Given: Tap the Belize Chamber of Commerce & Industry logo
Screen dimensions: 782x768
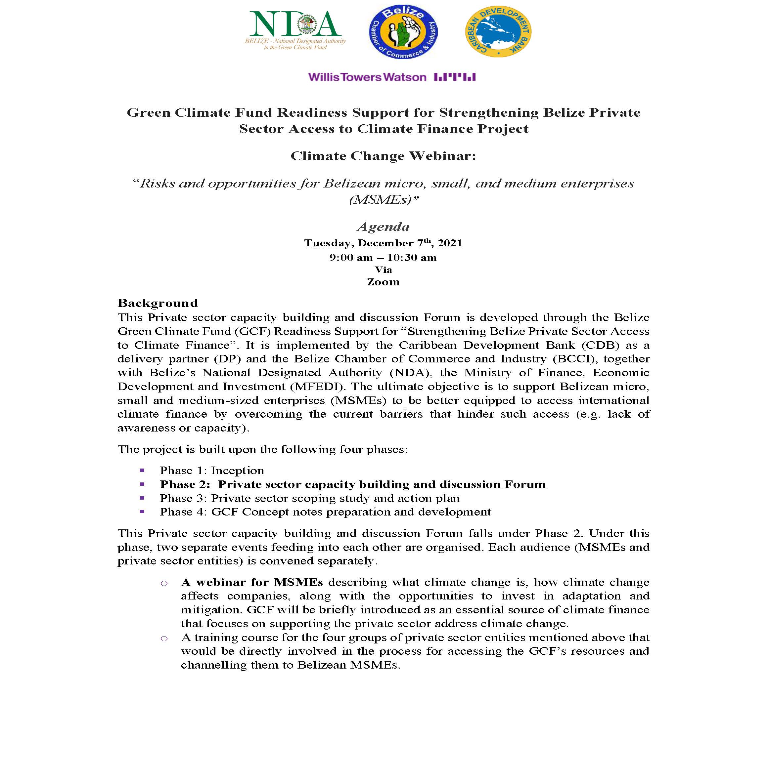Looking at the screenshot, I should point(403,33).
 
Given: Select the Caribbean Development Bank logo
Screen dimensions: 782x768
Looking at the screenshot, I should point(498,31).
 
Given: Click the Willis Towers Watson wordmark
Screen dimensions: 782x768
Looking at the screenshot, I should point(367,77).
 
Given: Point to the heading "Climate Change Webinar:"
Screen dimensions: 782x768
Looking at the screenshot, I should point(383,156).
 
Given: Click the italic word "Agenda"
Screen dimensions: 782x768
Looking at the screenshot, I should point(383,226).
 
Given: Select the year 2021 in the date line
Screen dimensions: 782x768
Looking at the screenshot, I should point(450,243).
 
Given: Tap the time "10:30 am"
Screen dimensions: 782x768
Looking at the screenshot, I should point(412,258).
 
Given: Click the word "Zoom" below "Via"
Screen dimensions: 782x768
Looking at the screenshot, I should point(383,282).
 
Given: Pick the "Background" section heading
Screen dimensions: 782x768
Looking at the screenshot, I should point(158,303).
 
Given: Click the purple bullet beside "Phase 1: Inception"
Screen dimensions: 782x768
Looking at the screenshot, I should point(142,470).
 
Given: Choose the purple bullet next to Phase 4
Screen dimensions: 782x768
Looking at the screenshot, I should point(142,512).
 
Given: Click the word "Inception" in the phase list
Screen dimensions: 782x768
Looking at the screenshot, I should point(238,471).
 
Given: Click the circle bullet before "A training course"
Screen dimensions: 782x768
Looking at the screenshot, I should point(164,638).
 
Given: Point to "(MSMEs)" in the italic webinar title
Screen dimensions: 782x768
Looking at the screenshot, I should point(383,199).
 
